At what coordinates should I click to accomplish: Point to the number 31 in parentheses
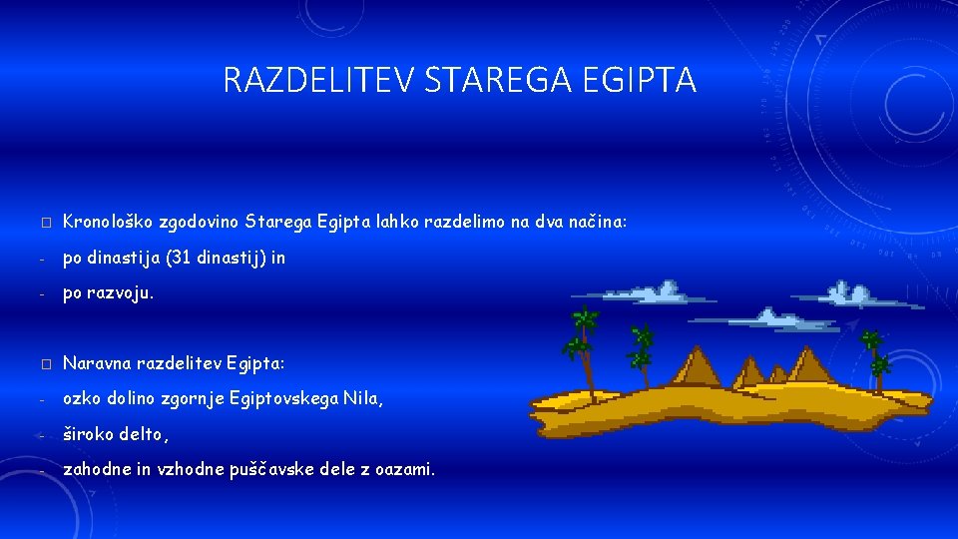point(180,258)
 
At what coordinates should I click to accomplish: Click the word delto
point(143,435)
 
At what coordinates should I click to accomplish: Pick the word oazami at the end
point(403,470)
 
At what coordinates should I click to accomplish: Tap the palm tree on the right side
point(875,359)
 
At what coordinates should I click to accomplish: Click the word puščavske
point(292,470)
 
